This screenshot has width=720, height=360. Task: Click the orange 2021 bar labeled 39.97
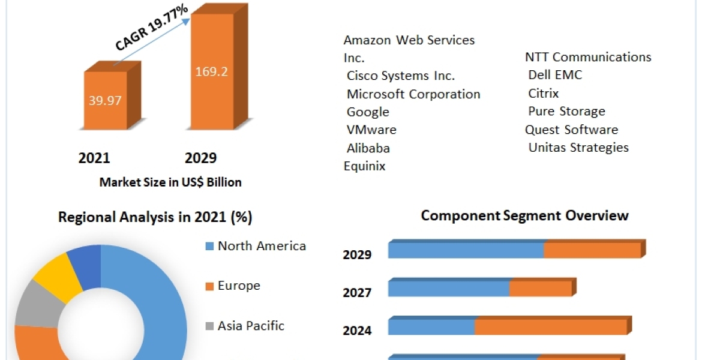pyautogui.click(x=105, y=100)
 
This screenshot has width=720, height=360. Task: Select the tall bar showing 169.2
pyautogui.click(x=211, y=72)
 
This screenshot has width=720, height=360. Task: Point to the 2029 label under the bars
pyautogui.click(x=200, y=158)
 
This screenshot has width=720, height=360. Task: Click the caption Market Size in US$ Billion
pyautogui.click(x=170, y=182)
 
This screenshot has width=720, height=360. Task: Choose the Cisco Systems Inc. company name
pyautogui.click(x=401, y=76)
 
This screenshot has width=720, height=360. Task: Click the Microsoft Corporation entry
pyautogui.click(x=413, y=94)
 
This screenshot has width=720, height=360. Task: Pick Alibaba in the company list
pyautogui.click(x=368, y=148)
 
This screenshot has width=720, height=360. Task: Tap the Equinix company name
pyautogui.click(x=364, y=166)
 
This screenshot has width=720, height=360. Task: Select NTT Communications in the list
pyautogui.click(x=588, y=57)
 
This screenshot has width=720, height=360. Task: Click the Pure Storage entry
pyautogui.click(x=566, y=111)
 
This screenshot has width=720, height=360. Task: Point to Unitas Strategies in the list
pyautogui.click(x=578, y=147)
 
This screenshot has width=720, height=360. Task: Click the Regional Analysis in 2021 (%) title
pyautogui.click(x=154, y=217)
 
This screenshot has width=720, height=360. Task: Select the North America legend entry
pyautogui.click(x=262, y=246)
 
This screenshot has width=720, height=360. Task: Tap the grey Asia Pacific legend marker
pyautogui.click(x=209, y=326)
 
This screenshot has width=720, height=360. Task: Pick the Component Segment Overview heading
pyautogui.click(x=524, y=215)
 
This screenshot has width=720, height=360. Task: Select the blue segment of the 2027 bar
pyautogui.click(x=448, y=289)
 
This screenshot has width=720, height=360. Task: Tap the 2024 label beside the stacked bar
pyautogui.click(x=357, y=331)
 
